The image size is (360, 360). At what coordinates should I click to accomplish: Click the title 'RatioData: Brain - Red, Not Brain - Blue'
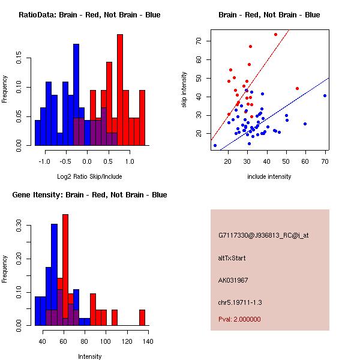pos(89,15)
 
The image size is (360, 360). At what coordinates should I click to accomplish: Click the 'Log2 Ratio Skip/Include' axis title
pos(89,176)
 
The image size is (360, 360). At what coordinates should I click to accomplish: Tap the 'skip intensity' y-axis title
pos(184,90)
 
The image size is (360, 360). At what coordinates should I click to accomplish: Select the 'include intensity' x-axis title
pos(269,176)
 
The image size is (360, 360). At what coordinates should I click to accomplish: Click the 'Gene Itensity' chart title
pos(89,195)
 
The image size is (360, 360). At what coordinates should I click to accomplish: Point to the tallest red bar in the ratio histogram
pos(120,90)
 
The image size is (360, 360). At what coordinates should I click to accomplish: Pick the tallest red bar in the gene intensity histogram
pos(65,269)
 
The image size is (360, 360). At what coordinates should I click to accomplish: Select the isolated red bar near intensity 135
pos(142,317)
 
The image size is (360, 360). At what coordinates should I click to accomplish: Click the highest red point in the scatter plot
pos(275,34)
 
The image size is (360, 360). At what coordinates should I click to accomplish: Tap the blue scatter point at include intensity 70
pos(325,95)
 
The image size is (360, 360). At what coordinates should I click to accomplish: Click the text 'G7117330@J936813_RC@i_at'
pos(263,236)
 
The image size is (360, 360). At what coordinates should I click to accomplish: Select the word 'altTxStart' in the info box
pos(232,258)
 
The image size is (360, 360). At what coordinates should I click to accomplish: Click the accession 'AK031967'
pos(233,280)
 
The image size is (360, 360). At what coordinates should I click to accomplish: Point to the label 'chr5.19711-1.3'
pos(240,302)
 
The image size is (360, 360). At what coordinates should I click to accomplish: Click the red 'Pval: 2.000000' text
pos(239,320)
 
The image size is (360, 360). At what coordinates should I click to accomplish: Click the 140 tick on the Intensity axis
pos(148,342)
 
